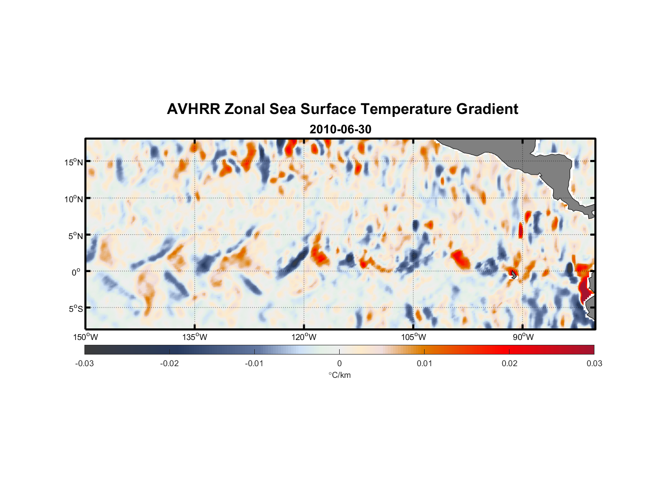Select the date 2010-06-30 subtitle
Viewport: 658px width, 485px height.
(340, 129)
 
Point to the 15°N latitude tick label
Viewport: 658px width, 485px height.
(74, 162)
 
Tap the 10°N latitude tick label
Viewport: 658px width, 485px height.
(74, 199)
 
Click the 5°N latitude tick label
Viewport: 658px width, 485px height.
(75, 236)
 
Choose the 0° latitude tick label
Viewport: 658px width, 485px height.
(76, 273)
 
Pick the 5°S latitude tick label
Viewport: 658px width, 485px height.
(75, 309)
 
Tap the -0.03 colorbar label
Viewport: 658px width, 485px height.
(84, 364)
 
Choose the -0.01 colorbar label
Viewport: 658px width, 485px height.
(254, 364)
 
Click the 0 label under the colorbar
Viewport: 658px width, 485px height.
(339, 364)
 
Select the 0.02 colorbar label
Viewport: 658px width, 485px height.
(510, 364)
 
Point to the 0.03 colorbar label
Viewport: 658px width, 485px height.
(594, 364)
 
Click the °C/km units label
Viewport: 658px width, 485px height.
(340, 375)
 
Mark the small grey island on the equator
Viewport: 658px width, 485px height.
(514, 275)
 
